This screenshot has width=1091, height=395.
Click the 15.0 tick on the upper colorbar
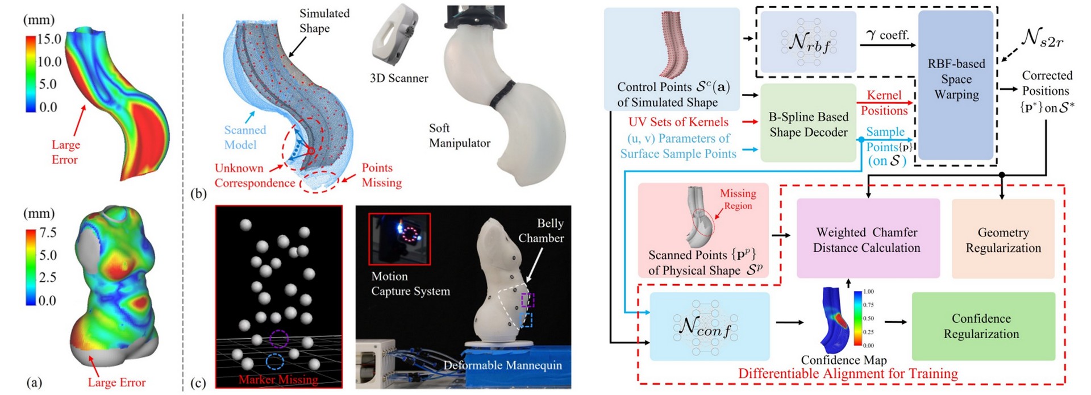click(49, 39)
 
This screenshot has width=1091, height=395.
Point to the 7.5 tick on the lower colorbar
click(48, 233)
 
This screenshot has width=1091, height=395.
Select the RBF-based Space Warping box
click(956, 80)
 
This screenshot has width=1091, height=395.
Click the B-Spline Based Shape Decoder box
click(808, 124)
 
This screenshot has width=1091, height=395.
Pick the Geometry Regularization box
click(1003, 240)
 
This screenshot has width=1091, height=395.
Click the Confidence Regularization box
click(981, 326)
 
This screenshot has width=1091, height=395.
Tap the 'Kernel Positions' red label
click(884, 103)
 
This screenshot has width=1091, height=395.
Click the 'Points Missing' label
click(381, 175)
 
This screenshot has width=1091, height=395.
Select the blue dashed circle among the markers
click(275, 362)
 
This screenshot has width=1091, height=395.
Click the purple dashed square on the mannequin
click(528, 299)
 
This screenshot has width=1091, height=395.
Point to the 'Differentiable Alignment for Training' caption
click(848, 373)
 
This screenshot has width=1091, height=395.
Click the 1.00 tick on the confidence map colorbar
click(868, 292)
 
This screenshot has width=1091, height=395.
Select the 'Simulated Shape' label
click(324, 21)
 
